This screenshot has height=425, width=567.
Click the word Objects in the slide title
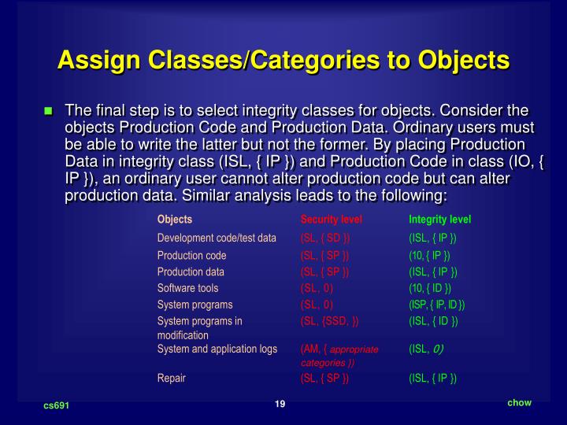(x=465, y=59)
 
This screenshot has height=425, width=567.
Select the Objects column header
(x=174, y=219)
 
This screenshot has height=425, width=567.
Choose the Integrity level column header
(x=439, y=219)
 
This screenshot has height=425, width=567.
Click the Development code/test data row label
(x=217, y=238)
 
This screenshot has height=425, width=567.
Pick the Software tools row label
(x=187, y=288)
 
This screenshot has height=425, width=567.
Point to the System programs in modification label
(x=200, y=327)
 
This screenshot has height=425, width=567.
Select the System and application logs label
(x=217, y=349)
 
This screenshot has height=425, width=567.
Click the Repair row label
(x=172, y=378)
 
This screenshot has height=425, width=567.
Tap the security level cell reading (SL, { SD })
(x=325, y=238)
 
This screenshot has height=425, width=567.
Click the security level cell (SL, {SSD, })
(x=329, y=321)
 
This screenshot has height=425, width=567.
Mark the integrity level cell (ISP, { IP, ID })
(x=437, y=305)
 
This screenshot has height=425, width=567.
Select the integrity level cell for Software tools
(x=429, y=288)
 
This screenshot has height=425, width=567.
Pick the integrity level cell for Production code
(x=429, y=255)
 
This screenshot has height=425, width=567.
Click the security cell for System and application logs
(x=339, y=356)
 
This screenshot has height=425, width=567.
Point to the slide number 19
(x=280, y=404)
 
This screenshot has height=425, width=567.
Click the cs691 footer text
(x=56, y=405)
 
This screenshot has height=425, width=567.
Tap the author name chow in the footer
(x=519, y=402)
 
